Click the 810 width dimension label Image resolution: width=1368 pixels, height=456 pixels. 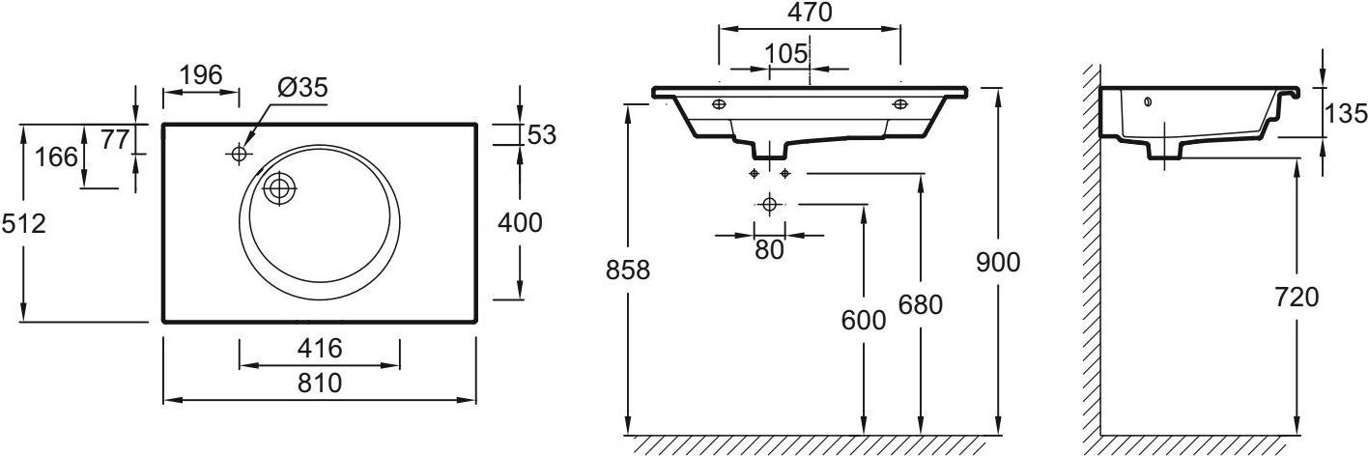319,384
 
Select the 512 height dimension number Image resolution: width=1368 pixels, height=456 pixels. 23,223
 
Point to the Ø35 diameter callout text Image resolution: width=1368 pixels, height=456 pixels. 302,87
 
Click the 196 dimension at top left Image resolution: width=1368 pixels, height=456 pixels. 201,74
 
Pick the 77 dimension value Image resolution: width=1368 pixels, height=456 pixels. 115,139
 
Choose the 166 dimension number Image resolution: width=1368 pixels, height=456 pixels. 57,156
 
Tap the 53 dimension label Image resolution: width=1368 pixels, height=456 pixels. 542,134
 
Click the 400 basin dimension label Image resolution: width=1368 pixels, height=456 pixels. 519,223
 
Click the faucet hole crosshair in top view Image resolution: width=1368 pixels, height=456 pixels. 239,153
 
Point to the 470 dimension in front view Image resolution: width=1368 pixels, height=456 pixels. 809,13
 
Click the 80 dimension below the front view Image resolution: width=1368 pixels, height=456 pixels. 769,249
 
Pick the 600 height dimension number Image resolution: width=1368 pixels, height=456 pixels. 864,321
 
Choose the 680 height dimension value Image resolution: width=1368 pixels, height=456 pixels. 919,305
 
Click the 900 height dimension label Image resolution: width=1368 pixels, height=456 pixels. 998,261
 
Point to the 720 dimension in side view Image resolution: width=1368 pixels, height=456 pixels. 1296,298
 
